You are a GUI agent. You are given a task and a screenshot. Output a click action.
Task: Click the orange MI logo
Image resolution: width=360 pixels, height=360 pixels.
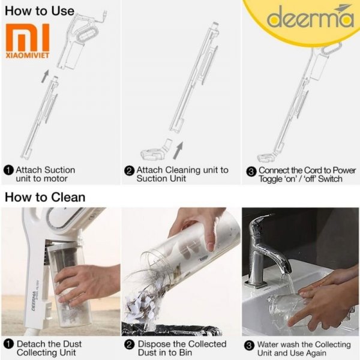pyautogui.click(x=28, y=37)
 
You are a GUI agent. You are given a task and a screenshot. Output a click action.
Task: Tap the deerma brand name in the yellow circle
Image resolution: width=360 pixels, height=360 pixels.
pyautogui.click(x=310, y=17)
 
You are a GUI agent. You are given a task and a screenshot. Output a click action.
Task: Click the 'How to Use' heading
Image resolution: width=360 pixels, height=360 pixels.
pyautogui.click(x=40, y=11)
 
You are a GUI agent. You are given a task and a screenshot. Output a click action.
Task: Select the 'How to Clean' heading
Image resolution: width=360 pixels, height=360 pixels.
pyautogui.click(x=45, y=197)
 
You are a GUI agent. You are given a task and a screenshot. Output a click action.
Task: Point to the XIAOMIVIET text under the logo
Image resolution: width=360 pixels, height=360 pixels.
pyautogui.click(x=28, y=55)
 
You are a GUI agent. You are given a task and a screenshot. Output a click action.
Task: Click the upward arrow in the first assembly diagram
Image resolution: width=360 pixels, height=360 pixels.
pyautogui.click(x=45, y=76)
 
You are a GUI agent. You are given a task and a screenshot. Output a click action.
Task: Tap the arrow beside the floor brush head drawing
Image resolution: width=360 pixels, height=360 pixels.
pyautogui.click(x=178, y=151)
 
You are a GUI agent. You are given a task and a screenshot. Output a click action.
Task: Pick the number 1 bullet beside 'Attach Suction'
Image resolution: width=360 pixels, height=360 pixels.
pyautogui.click(x=9, y=170)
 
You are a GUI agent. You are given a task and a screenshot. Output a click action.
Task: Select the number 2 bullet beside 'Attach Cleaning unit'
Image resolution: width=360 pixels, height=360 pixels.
pyautogui.click(x=129, y=171)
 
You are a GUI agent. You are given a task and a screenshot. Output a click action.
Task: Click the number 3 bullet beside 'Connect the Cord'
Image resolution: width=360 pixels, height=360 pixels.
pyautogui.click(x=251, y=172)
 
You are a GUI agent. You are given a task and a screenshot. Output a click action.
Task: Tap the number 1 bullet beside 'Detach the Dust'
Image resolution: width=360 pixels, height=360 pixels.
pyautogui.click(x=9, y=344)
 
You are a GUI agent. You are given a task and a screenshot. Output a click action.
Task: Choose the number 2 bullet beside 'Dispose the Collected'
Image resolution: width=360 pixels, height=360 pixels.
pyautogui.click(x=129, y=345)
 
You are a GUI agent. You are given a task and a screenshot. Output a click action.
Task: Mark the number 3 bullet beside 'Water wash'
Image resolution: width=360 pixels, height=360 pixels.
pyautogui.click(x=249, y=346)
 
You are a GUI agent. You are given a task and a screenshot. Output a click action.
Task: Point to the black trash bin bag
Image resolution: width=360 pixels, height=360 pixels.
pyautogui.click(x=171, y=330)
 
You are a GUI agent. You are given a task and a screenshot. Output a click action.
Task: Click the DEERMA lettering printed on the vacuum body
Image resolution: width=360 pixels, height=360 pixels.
pyautogui.click(x=34, y=301)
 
